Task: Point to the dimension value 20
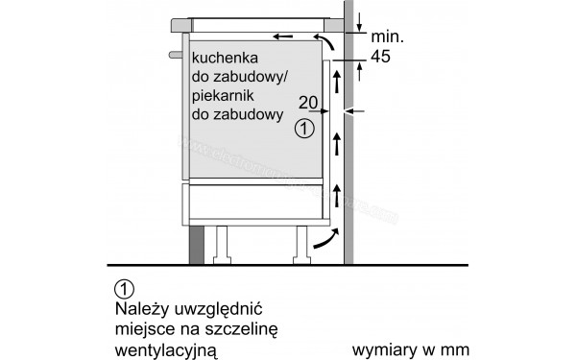pyautogui.click(x=307, y=103)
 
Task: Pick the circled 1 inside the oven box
pyautogui.click(x=303, y=127)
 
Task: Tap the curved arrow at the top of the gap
pyautogui.click(x=328, y=43)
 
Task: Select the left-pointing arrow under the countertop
pyautogui.click(x=284, y=37)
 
